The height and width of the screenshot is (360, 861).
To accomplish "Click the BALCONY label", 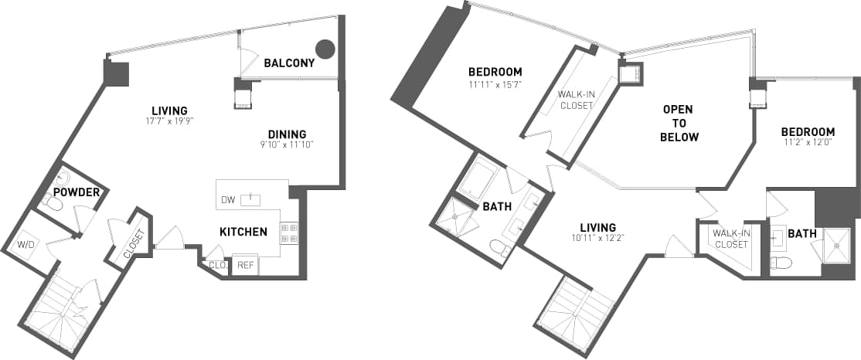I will click(289, 63).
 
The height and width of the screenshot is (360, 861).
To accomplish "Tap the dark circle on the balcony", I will click(326, 49).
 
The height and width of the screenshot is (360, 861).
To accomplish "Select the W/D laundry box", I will click(27, 247).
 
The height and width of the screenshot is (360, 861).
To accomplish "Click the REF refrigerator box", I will click(246, 265).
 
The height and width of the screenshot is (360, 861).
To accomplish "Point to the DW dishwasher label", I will click(228, 200).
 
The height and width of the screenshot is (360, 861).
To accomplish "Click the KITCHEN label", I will click(243, 232).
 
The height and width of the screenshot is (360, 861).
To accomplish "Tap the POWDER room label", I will click(77, 192).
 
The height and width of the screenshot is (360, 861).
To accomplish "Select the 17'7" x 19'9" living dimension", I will click(169, 121).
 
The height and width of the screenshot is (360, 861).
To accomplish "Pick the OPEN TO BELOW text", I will click(680, 124).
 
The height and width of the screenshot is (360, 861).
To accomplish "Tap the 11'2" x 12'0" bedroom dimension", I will click(807, 142).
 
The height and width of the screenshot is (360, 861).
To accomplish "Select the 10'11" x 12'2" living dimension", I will click(597, 238).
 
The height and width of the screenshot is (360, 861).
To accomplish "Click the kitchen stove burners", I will click(289, 233).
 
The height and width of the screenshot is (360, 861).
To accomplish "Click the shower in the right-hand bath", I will click(835, 246).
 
